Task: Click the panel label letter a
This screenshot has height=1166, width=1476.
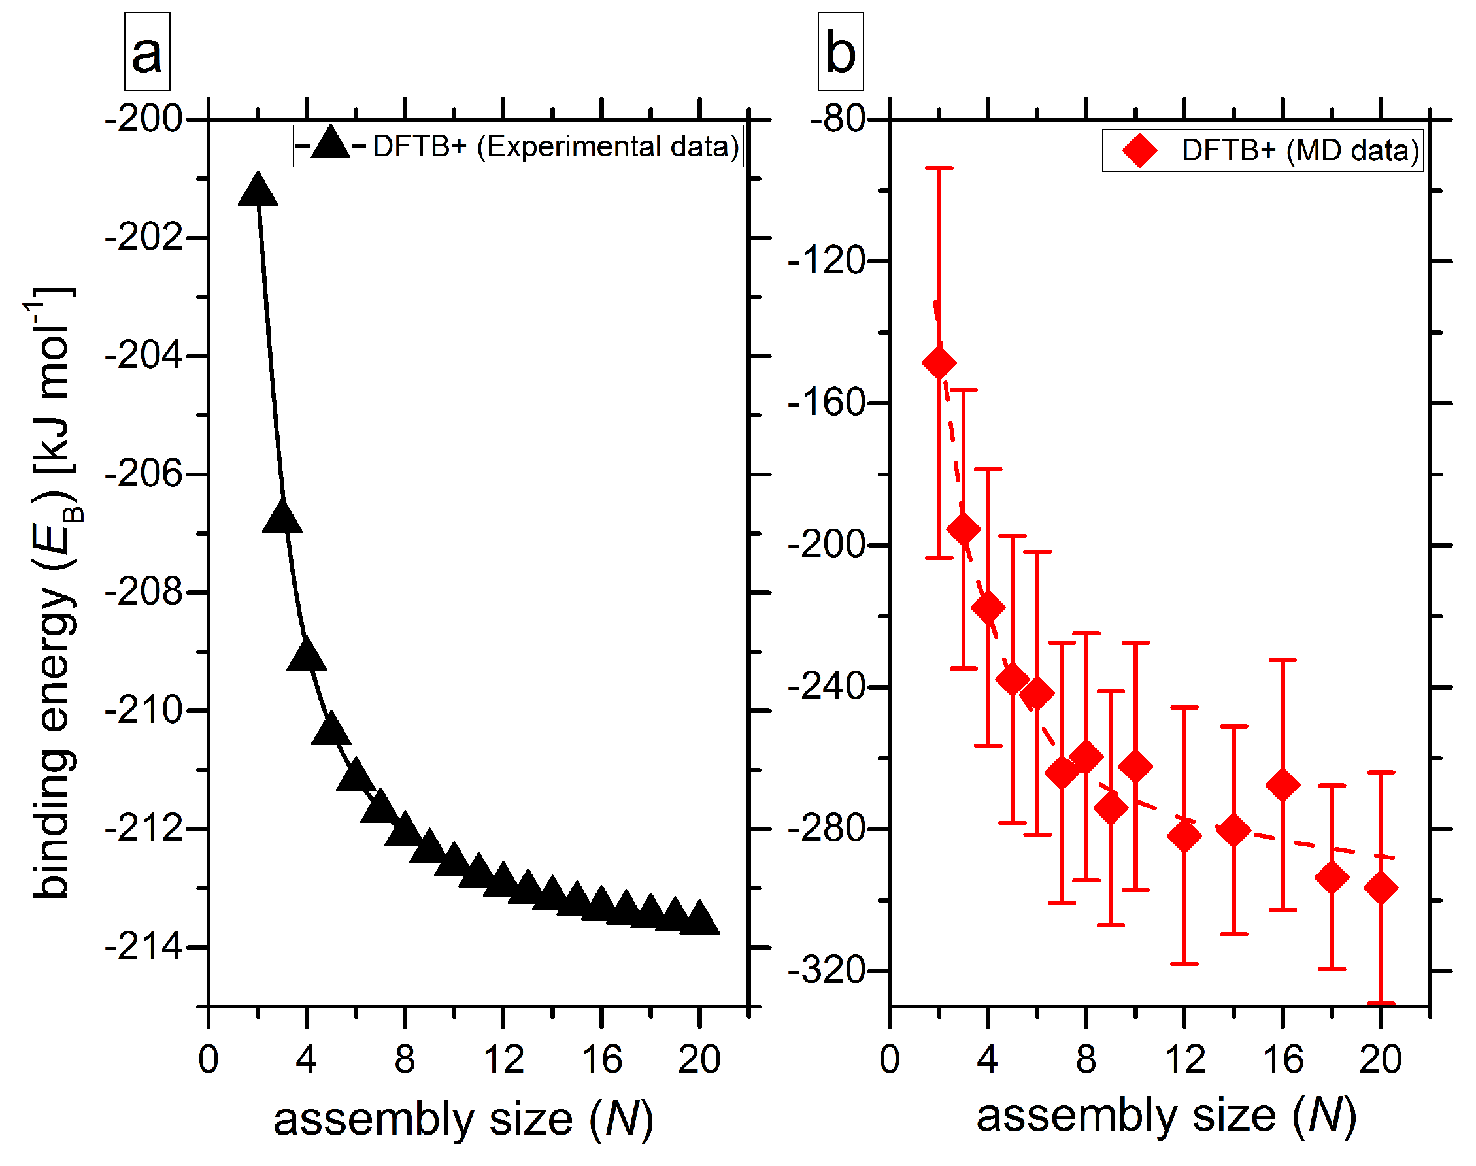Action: pos(147,53)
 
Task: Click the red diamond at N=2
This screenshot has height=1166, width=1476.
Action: pos(939,363)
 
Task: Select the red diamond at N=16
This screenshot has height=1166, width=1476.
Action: pos(1283,785)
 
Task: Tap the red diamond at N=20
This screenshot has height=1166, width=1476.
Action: pos(1381,888)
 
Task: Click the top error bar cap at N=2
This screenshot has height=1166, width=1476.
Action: pos(939,168)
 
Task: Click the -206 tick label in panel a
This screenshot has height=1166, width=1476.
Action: pos(144,474)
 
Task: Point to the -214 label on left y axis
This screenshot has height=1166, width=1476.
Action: pos(144,948)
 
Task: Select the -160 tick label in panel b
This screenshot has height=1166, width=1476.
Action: pos(827,403)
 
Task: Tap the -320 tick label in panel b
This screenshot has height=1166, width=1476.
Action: pos(827,971)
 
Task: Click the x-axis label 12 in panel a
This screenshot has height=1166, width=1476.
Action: pos(503,1060)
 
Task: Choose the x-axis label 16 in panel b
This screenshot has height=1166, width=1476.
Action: pos(1283,1060)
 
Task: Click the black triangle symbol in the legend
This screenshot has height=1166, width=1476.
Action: pos(330,144)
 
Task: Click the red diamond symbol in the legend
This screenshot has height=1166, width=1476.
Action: pos(1139,150)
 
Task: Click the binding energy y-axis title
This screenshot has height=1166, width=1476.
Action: pos(55,592)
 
